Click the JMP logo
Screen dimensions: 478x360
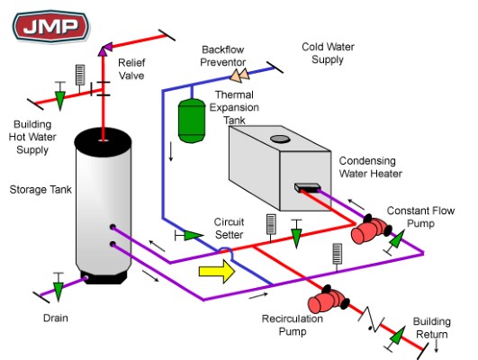tap(51, 26)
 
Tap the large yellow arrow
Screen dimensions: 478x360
tap(217, 271)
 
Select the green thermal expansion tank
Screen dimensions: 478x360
tap(192, 121)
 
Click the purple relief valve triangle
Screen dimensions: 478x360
tap(104, 50)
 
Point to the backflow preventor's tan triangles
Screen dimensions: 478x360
tap(240, 75)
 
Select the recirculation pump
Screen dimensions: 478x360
tap(328, 300)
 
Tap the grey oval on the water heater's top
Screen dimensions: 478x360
tap(280, 139)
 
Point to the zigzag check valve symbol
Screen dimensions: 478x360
tap(371, 319)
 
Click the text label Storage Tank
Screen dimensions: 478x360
tap(41, 190)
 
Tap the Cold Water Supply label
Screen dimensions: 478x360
tap(328, 53)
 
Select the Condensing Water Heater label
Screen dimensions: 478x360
tap(370, 167)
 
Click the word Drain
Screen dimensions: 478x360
tap(56, 318)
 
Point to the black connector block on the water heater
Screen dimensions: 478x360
tap(307, 187)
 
